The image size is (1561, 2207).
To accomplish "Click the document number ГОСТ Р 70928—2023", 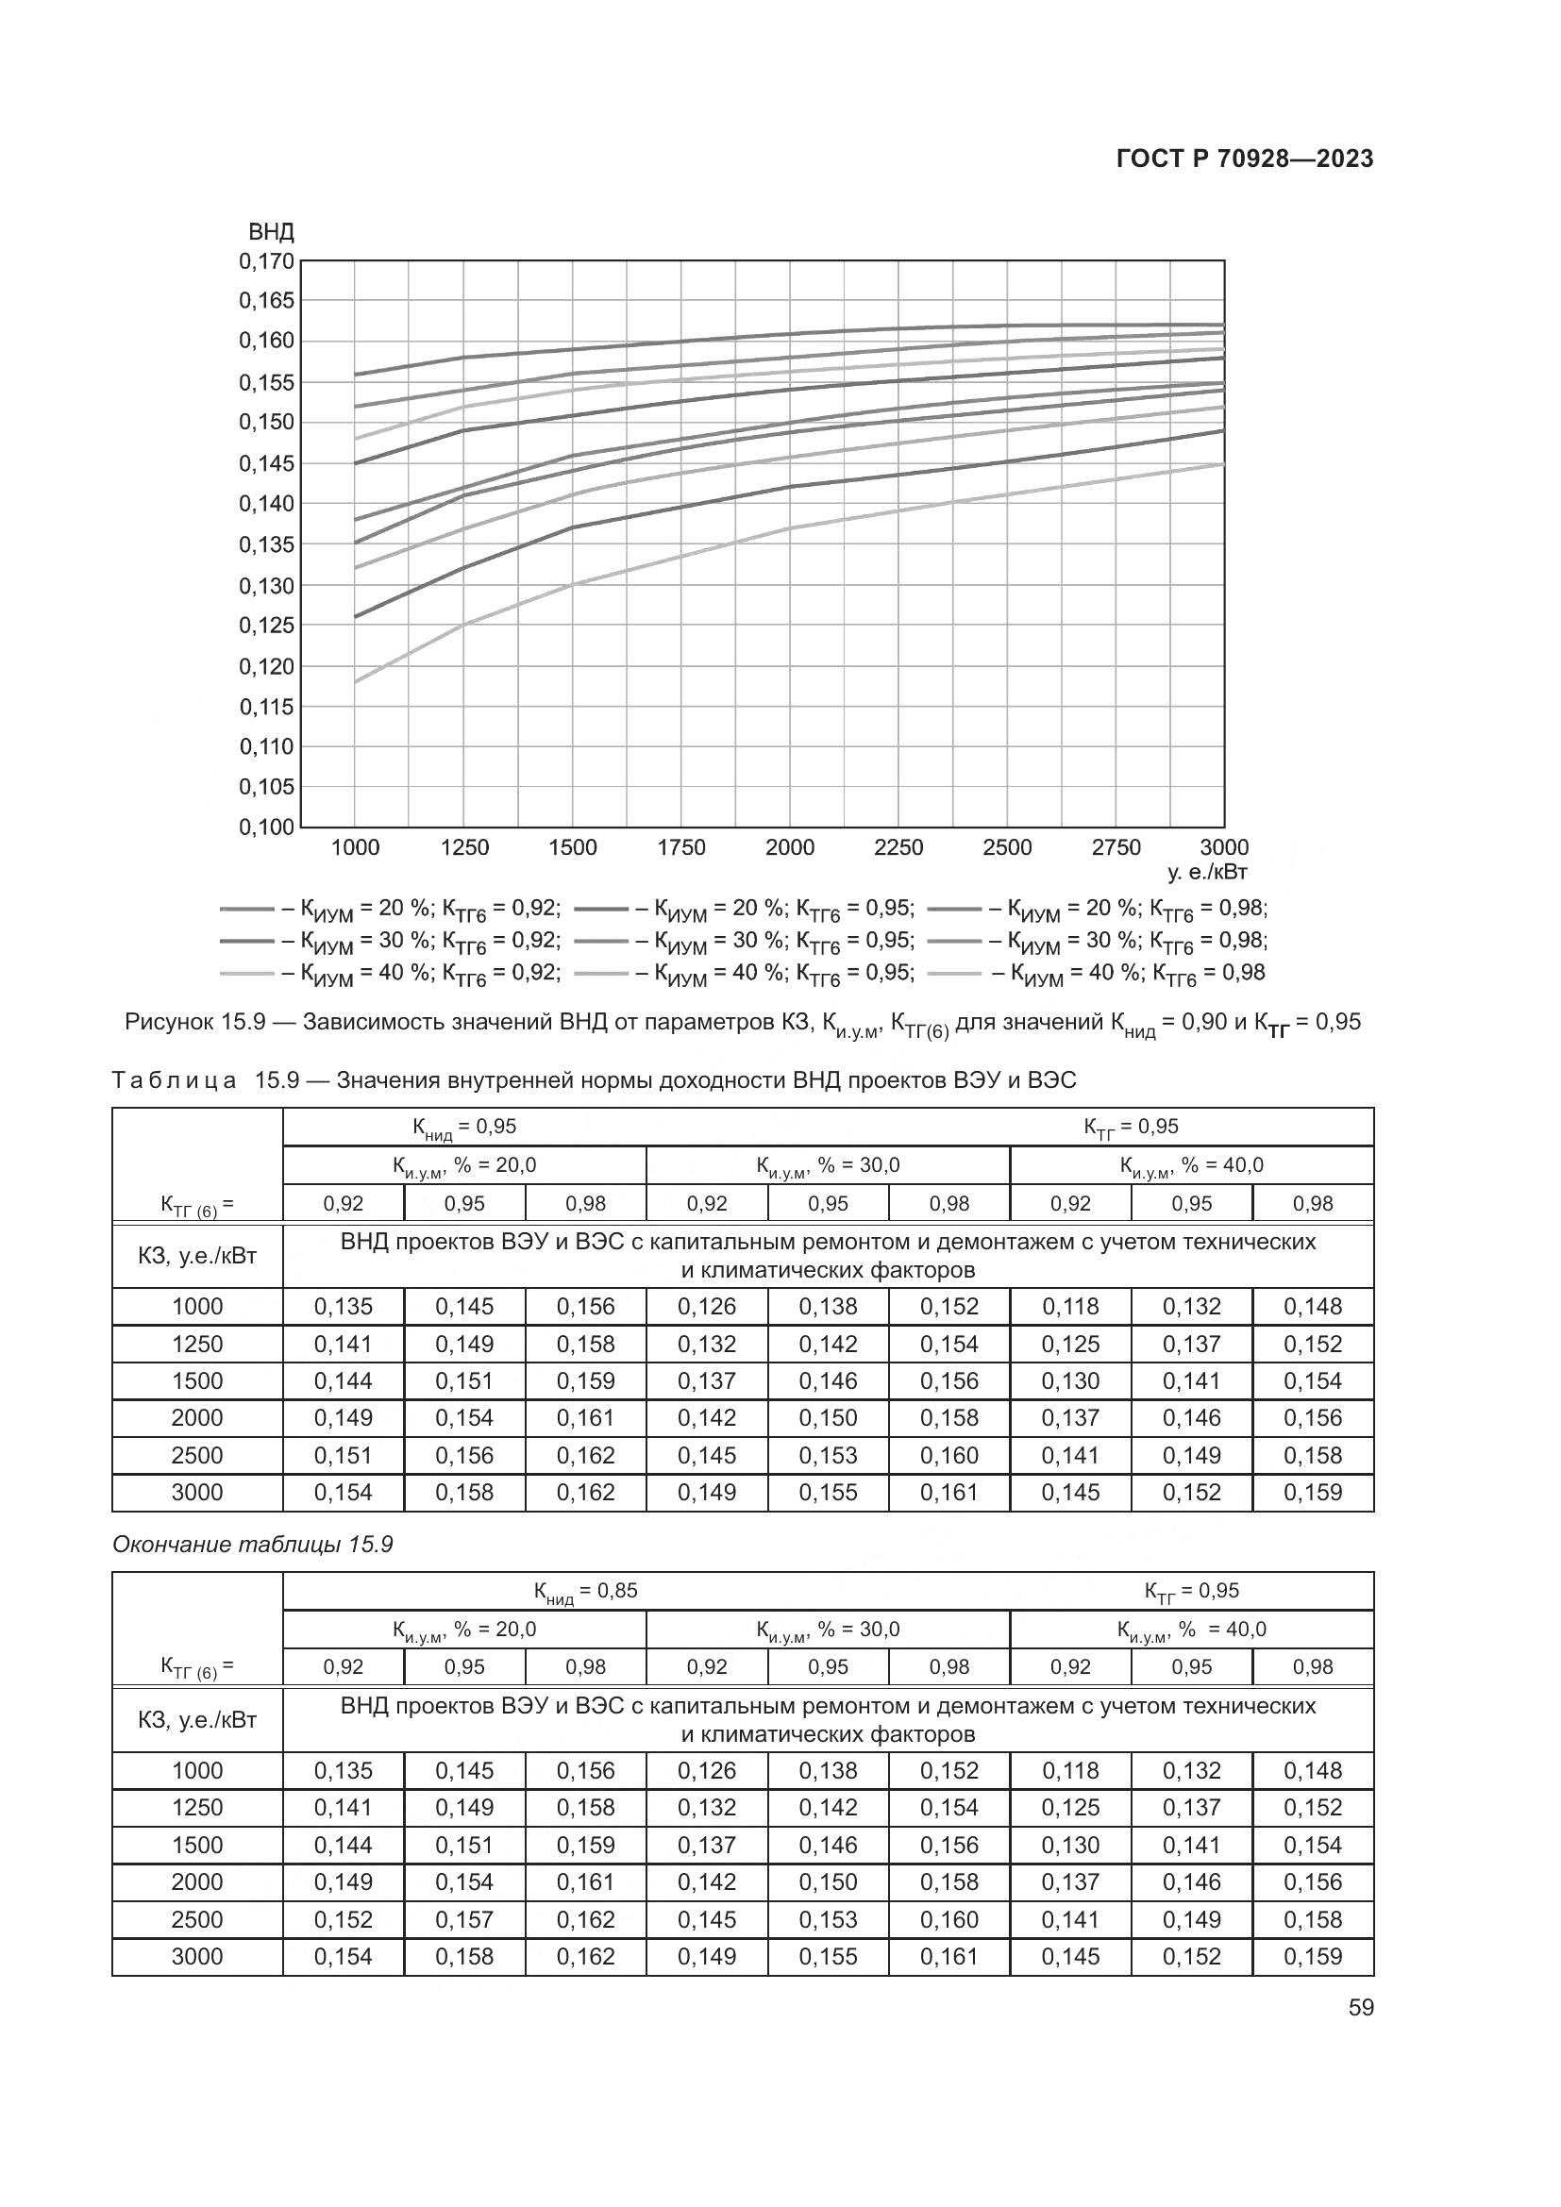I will click(x=1244, y=159).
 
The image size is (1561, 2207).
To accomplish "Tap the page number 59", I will click(x=1360, y=2007).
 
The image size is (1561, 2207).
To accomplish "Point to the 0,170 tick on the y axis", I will click(x=266, y=260).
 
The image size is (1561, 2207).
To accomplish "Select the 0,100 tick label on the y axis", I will click(x=266, y=827).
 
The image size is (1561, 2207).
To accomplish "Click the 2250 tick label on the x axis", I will click(x=898, y=848).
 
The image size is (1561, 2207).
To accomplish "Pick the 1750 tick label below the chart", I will click(x=680, y=848).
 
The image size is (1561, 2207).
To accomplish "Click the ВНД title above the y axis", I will click(x=271, y=232).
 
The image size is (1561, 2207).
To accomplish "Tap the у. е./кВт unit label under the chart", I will click(x=1206, y=872).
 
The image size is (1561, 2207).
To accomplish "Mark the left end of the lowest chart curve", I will click(x=356, y=681).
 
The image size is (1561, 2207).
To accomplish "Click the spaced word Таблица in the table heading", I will click(x=174, y=1080).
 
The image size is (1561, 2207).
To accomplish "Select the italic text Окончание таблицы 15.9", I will click(x=253, y=1544).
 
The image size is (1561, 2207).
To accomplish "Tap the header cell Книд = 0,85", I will click(x=585, y=1591).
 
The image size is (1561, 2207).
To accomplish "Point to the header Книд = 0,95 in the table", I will click(x=464, y=1127).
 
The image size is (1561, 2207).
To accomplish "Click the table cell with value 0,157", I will click(x=464, y=1919).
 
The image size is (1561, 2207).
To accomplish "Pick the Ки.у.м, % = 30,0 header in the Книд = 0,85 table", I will click(x=828, y=1630).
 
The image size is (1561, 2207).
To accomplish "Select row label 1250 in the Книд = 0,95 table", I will click(x=197, y=1344).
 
